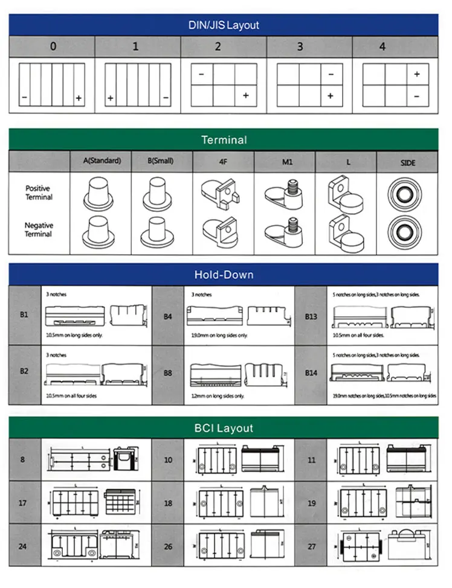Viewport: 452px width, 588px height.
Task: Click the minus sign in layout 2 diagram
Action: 201,74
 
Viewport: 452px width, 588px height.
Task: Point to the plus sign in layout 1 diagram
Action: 111,97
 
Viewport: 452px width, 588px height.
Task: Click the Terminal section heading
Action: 224,139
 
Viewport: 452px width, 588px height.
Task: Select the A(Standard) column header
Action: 102,161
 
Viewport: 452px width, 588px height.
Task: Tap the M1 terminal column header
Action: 285,162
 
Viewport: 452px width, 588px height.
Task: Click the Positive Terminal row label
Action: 39,193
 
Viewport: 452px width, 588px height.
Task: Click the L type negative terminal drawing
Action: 344,231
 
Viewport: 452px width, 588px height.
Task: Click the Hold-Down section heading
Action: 224,275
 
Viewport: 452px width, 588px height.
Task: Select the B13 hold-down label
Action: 311,316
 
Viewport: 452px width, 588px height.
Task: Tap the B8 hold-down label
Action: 167,373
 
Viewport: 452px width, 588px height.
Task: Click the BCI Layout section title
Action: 224,428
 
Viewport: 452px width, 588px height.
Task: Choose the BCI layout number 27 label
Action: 311,547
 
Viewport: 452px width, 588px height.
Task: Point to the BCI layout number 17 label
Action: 23,503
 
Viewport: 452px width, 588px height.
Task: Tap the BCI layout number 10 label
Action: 167,460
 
